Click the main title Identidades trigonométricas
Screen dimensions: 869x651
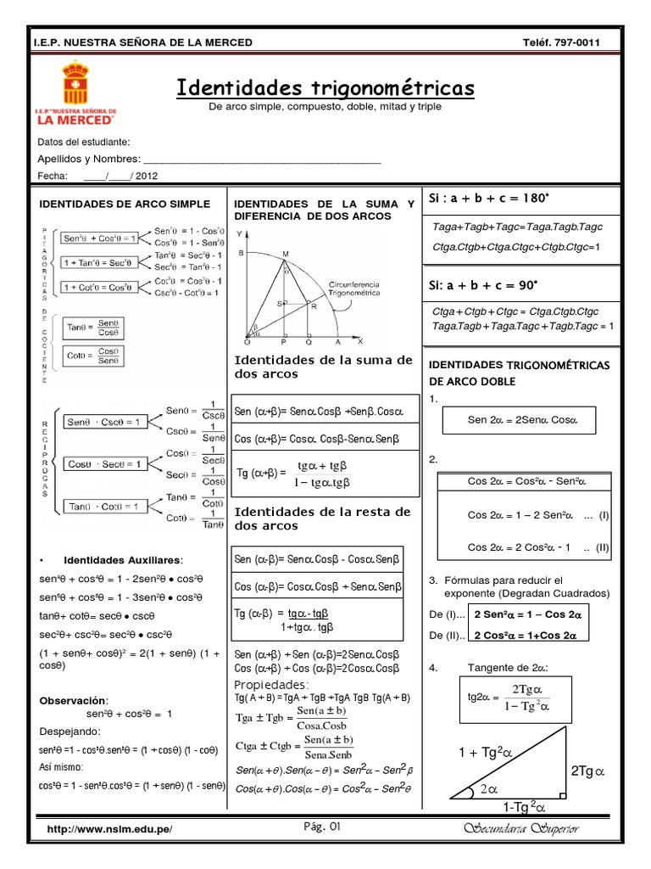(x=325, y=88)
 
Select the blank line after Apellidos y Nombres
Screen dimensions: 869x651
(x=262, y=159)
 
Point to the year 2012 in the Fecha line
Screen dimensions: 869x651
(x=147, y=177)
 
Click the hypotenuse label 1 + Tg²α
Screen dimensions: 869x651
(x=486, y=753)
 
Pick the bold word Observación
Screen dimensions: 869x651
(x=74, y=700)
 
